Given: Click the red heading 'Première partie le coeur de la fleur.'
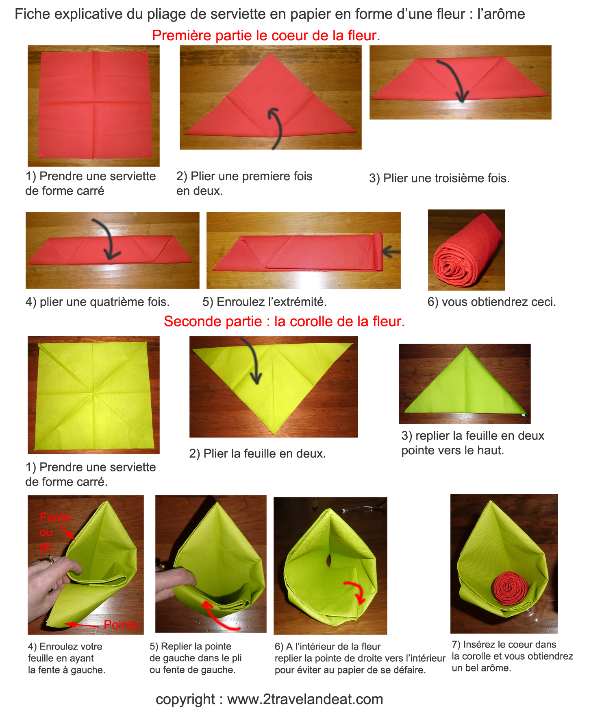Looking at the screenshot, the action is pos(266,36).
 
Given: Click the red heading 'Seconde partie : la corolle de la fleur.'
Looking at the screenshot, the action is pos(285,321).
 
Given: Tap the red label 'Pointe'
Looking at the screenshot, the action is pos(121,624).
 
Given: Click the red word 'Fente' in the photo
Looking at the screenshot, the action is pos(55,517).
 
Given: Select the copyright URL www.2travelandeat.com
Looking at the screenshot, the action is pos(305,699).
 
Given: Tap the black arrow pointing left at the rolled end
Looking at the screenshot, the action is pos(391,252).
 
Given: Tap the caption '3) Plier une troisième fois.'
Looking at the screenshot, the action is pos(439,178).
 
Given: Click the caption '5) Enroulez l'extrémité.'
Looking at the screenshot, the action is pos(265,302).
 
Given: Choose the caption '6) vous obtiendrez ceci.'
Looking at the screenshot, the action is pos(492,302).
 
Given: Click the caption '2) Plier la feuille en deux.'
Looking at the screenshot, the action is pos(258,453).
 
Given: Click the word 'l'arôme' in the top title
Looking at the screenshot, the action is pos(501,14).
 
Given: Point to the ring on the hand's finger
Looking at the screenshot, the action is pos(48,560).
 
